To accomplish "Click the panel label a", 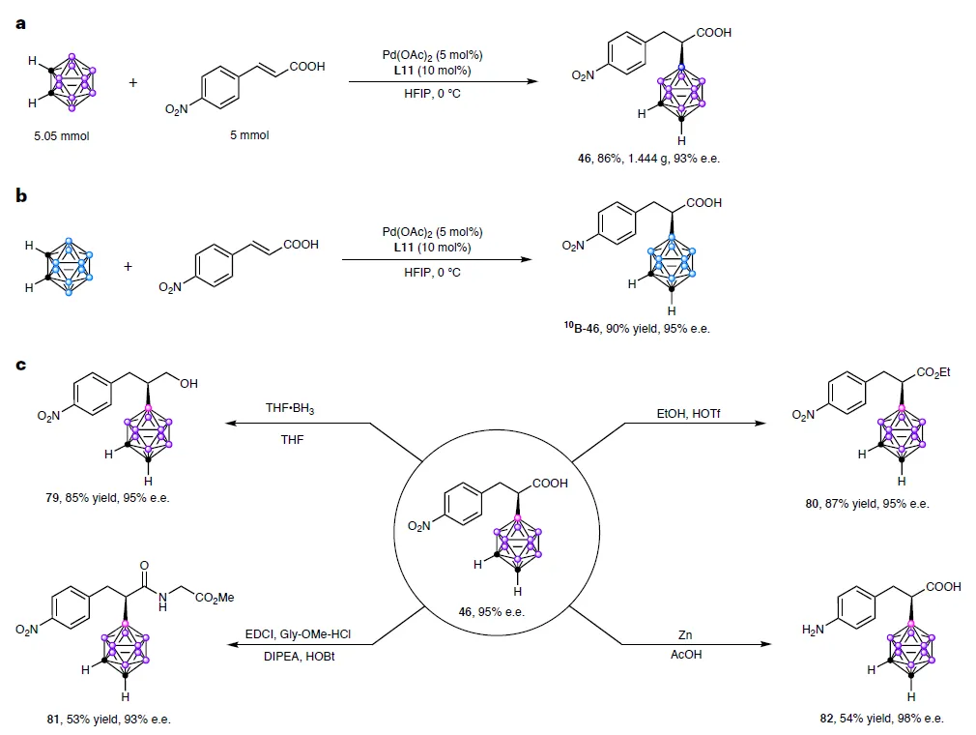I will click(20, 22).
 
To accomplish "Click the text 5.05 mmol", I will click(61, 136).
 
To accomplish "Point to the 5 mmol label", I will click(249, 135).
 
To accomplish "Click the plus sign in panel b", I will click(128, 265).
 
